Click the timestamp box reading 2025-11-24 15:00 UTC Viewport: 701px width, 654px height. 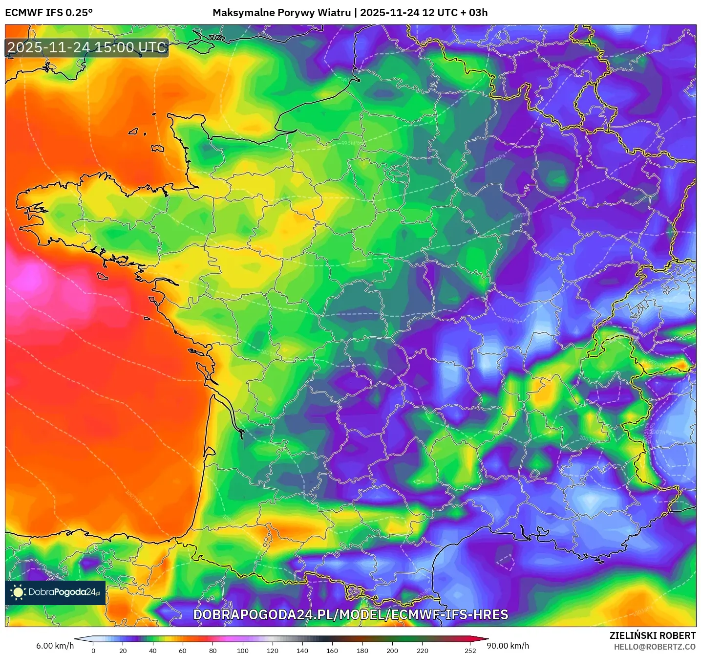pyautogui.click(x=87, y=47)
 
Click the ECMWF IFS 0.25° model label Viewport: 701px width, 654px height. pyautogui.click(x=49, y=13)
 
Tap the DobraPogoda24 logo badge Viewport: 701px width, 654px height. pyautogui.click(x=56, y=592)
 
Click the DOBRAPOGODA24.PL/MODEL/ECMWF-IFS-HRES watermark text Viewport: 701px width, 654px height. pyautogui.click(x=350, y=614)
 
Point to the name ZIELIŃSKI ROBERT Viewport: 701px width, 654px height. pyautogui.click(x=652, y=635)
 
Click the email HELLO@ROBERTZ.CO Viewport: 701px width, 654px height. pyautogui.click(x=654, y=647)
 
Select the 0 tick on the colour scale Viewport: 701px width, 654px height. pyautogui.click(x=93, y=650)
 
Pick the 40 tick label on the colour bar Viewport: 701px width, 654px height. pyautogui.click(x=153, y=650)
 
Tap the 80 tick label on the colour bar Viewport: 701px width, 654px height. pyautogui.click(x=213, y=650)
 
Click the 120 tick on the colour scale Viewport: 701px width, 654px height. pyautogui.click(x=273, y=650)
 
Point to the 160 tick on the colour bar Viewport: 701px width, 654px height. pyautogui.click(x=332, y=650)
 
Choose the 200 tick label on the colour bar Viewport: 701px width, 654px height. pyautogui.click(x=392, y=650)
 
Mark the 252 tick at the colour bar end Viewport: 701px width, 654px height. pyautogui.click(x=470, y=650)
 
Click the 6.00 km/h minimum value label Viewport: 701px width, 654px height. pyautogui.click(x=55, y=646)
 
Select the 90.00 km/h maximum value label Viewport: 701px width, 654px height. pyautogui.click(x=508, y=646)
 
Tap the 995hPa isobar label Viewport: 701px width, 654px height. pyautogui.click(x=496, y=160)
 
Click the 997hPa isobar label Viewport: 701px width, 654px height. pyautogui.click(x=522, y=215)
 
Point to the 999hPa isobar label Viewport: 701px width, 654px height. pyautogui.click(x=510, y=320)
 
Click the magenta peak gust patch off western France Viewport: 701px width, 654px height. pyautogui.click(x=29, y=279)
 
